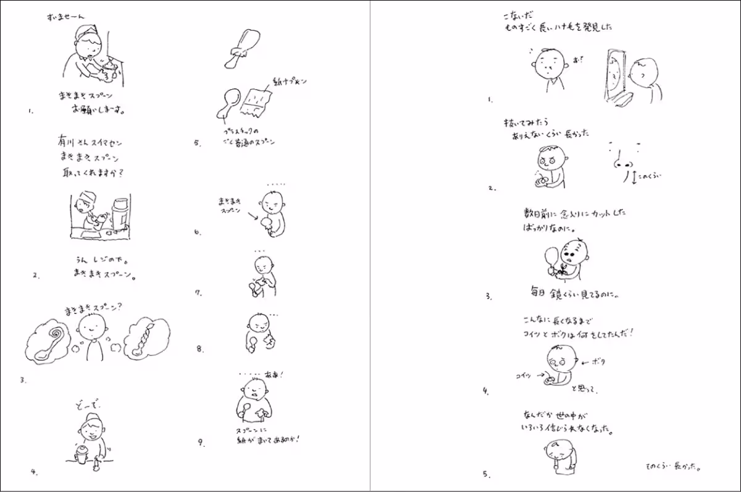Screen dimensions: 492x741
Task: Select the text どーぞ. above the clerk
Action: coord(86,404)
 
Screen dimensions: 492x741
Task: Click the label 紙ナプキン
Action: coord(290,82)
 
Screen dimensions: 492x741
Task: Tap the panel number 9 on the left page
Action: coord(201,442)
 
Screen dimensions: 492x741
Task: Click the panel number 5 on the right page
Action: coord(486,474)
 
